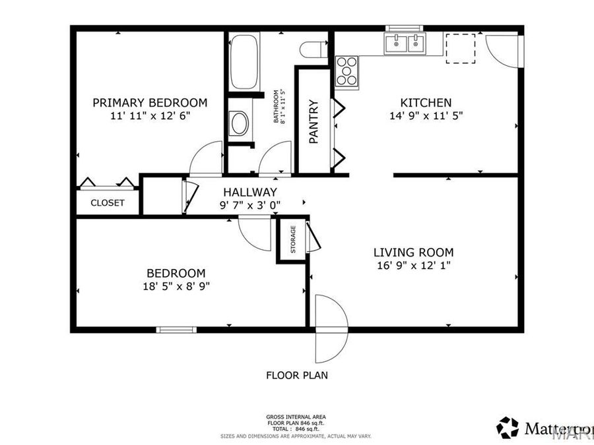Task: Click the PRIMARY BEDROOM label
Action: click(150, 103)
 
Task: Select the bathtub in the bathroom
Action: click(244, 62)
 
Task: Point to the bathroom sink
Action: click(238, 123)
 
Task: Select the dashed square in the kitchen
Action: click(461, 48)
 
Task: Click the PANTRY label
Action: click(314, 121)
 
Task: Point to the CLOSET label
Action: click(107, 203)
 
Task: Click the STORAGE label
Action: click(292, 240)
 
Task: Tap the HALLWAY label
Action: click(249, 192)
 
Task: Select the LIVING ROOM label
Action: click(413, 252)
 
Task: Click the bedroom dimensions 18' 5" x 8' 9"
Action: click(176, 285)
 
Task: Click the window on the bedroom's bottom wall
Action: click(176, 329)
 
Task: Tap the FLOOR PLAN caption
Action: click(296, 376)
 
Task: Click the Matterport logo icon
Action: click(508, 427)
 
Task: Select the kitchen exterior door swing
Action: click(503, 51)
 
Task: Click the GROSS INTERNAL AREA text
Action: click(296, 417)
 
